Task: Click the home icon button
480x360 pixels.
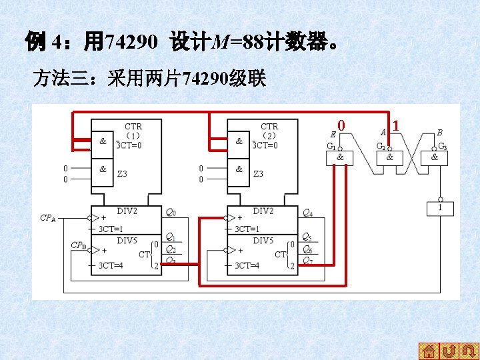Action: (x=429, y=351)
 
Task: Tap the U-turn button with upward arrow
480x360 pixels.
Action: (x=449, y=351)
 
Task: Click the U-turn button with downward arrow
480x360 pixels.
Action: (x=469, y=351)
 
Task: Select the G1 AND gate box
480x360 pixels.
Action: (x=340, y=157)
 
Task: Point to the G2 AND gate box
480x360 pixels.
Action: (x=389, y=157)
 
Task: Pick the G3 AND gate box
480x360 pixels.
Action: (x=435, y=157)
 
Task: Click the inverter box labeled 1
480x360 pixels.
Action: (x=439, y=209)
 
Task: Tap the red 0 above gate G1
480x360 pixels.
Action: (x=341, y=125)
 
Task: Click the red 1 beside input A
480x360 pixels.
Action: (x=396, y=125)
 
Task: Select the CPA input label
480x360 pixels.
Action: (x=48, y=218)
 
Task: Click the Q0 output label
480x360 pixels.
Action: (x=171, y=213)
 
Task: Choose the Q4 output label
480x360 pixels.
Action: (x=307, y=213)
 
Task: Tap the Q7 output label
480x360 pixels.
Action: (x=307, y=261)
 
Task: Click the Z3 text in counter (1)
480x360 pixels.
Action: (x=122, y=174)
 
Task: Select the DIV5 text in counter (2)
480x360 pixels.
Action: (x=263, y=240)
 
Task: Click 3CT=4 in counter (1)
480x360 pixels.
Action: (x=111, y=265)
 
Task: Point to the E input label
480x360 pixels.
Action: (x=333, y=135)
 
